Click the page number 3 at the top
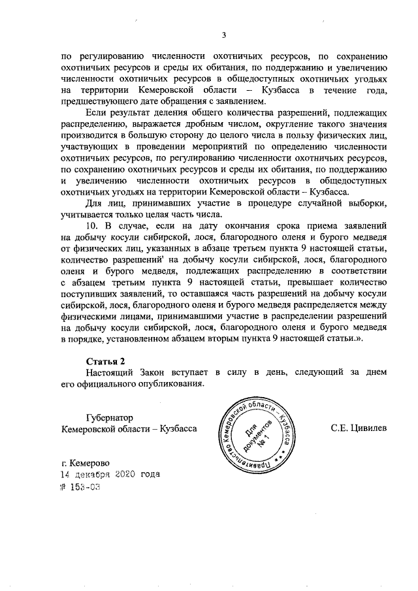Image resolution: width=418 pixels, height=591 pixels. (223, 35)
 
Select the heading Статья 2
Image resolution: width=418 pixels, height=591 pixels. (105, 361)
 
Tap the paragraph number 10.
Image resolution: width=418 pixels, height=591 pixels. (93, 228)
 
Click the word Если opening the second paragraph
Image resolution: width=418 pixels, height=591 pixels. (97, 114)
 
